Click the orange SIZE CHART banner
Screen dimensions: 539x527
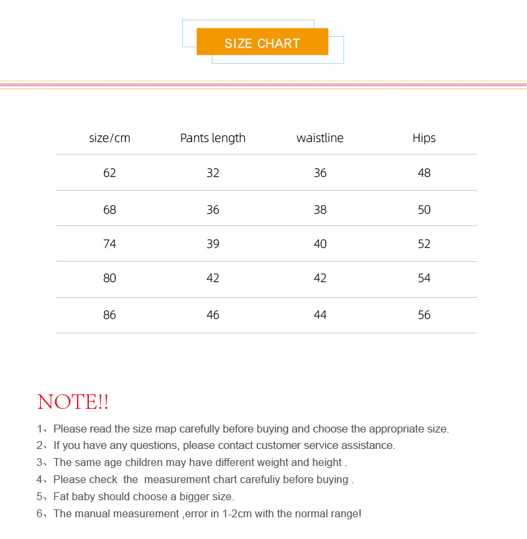click(262, 43)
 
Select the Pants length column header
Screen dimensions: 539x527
click(213, 138)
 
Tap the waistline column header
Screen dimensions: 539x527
click(320, 138)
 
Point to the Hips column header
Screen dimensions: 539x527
click(424, 138)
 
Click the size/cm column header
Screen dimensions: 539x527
click(109, 138)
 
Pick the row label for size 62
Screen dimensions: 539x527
click(109, 173)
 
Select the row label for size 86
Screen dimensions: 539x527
click(109, 315)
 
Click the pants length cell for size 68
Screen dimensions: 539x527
click(213, 210)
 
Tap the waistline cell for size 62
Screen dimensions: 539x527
click(320, 173)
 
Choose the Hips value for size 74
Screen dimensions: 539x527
click(424, 244)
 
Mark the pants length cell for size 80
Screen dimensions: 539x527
click(213, 278)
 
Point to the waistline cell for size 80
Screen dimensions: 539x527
click(320, 278)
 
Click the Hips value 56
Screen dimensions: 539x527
click(424, 315)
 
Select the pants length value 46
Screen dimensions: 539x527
click(213, 315)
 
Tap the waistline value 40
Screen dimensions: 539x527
click(320, 244)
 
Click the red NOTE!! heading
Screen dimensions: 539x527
click(73, 402)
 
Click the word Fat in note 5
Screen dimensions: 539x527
click(61, 496)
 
